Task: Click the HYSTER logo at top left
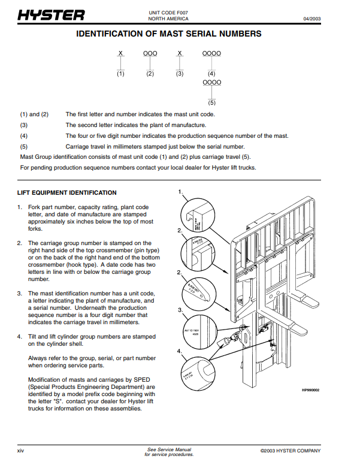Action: pyautogui.click(x=51, y=15)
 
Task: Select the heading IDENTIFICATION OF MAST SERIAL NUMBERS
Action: pyautogui.click(x=169, y=34)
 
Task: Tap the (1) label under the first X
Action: pyautogui.click(x=120, y=74)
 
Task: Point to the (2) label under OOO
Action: pyautogui.click(x=150, y=74)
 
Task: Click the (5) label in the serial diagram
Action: pyautogui.click(x=211, y=102)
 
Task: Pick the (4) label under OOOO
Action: pyautogui.click(x=211, y=74)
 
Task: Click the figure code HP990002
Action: pyautogui.click(x=310, y=390)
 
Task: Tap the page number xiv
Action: pyautogui.click(x=21, y=451)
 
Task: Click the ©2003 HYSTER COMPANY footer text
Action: pyautogui.click(x=291, y=451)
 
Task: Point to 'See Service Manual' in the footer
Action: pyautogui.click(x=170, y=449)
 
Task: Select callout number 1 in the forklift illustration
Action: pyautogui.click(x=180, y=192)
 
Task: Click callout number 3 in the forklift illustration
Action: pyautogui.click(x=180, y=310)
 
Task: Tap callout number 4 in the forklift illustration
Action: pyautogui.click(x=180, y=350)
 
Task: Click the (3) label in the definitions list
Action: pyautogui.click(x=24, y=125)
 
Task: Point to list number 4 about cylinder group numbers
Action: pyautogui.click(x=20, y=337)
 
